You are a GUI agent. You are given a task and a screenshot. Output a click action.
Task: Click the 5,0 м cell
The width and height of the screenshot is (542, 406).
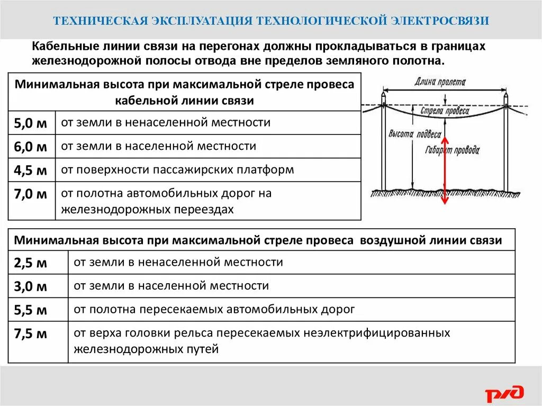(x=31, y=124)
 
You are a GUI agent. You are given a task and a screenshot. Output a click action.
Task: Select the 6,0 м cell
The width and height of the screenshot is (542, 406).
(x=31, y=147)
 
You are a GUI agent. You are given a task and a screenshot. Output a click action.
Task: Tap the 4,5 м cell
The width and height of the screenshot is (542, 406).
(x=31, y=170)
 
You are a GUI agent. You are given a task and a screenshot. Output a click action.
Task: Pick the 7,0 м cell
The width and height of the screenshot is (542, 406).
(x=31, y=194)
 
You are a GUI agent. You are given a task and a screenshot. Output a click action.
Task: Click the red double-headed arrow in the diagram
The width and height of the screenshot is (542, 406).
(x=445, y=170)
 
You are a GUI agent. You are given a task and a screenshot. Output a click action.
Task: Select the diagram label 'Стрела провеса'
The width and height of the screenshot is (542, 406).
(x=445, y=111)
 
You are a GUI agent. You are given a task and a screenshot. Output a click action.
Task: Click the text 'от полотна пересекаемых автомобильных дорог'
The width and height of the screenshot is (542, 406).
(x=214, y=310)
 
